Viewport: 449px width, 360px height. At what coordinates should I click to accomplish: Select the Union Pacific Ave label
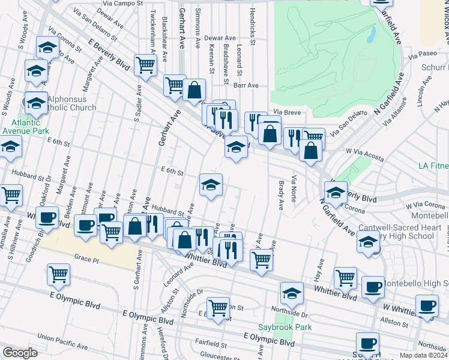62,340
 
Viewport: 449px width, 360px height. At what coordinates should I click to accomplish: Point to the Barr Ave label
246,86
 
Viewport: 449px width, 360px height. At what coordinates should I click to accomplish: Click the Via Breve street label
286,112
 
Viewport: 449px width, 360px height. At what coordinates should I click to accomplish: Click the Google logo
20,353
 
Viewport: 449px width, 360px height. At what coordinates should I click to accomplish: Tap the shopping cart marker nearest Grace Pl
59,274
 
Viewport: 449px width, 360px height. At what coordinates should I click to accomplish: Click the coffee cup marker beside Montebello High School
373,286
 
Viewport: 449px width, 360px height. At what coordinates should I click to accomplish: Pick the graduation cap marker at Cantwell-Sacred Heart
367,241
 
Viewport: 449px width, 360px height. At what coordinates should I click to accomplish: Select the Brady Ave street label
280,195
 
